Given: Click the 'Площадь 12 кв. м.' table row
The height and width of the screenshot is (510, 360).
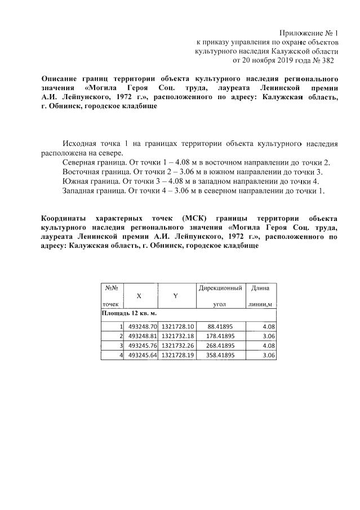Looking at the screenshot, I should click(128, 313).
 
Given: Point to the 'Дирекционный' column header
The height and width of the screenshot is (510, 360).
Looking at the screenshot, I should click(220, 288).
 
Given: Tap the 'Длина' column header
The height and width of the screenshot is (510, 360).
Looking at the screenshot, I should click(260, 288).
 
